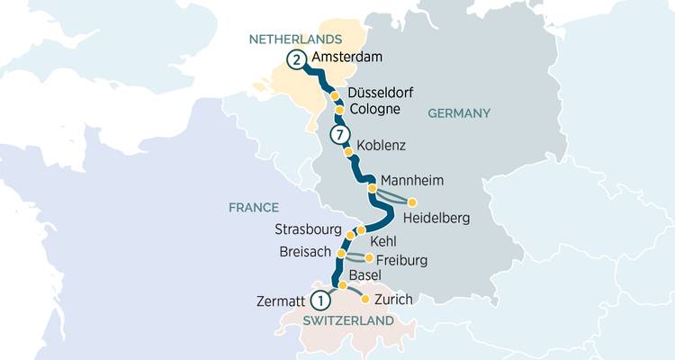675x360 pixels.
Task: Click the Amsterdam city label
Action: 347,58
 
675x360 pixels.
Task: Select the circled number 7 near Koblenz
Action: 338,136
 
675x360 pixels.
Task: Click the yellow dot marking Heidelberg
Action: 413,202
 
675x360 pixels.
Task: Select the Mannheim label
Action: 413,180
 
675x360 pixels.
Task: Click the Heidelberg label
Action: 436,219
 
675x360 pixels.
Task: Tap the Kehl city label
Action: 383,241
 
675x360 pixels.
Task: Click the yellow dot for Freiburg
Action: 369,258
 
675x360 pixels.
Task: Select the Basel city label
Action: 364,275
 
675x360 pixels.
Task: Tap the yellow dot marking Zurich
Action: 364,299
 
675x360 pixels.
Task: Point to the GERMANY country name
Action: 460,113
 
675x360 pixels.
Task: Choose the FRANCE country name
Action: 253,207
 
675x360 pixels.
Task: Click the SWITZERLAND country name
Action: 347,321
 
